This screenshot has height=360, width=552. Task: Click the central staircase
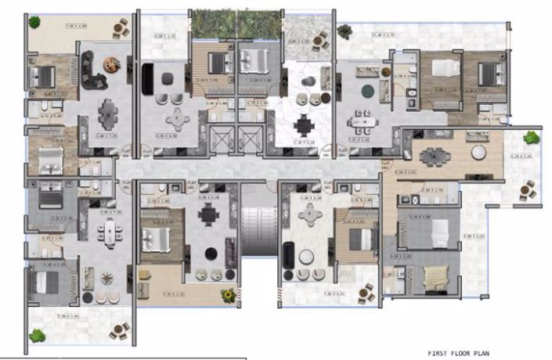tap(259, 230)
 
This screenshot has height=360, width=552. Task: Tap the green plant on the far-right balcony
tap(532, 138)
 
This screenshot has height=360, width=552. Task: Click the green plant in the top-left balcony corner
tap(34, 21)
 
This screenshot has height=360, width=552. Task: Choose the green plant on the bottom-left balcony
tap(37, 335)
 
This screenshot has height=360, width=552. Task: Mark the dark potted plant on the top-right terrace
tap(345, 31)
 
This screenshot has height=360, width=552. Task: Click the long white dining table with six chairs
tap(110, 231)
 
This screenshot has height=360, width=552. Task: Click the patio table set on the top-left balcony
tap(120, 29)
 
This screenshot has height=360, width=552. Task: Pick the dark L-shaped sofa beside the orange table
tap(96, 70)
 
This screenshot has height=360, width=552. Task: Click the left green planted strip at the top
tap(210, 22)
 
